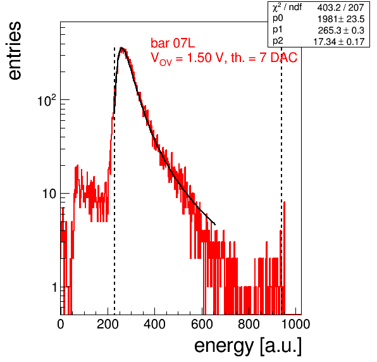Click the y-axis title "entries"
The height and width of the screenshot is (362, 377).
point(15,51)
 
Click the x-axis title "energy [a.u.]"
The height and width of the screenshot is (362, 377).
point(248,346)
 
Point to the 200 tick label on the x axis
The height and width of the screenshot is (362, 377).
point(108,324)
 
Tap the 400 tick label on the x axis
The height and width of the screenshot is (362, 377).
point(154,324)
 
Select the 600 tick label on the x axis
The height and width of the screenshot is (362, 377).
point(202,324)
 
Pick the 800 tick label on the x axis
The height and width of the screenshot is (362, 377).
point(249,324)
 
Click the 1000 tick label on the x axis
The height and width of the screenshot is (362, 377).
point(295,324)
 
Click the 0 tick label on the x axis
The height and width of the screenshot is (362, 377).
point(61,324)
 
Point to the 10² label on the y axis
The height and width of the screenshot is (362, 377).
point(47,100)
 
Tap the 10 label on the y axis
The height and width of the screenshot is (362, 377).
point(49,194)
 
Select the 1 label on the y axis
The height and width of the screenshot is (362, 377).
point(54,287)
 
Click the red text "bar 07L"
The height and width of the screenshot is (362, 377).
point(173,43)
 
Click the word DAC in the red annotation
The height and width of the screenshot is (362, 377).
point(284,58)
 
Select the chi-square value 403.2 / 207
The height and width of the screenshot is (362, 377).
point(341,8)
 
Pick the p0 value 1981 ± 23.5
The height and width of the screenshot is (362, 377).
point(341,19)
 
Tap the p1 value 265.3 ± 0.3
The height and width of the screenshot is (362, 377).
point(341,30)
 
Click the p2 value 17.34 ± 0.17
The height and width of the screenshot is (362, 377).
point(339,42)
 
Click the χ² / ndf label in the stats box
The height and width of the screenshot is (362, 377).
point(287,7)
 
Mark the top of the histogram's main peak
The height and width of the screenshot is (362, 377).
point(122,47)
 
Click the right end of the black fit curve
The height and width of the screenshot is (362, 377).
point(215,225)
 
